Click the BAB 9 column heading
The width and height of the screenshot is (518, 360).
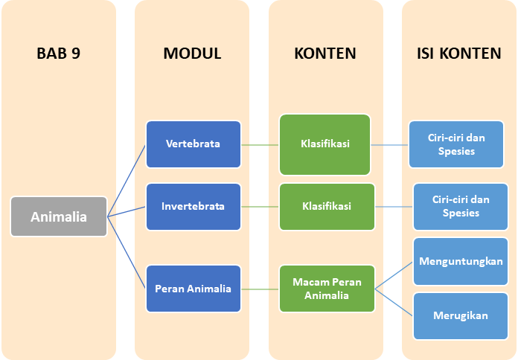point(58,54)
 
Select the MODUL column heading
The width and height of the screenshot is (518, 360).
point(192,54)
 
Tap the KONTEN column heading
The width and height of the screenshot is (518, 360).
point(325,54)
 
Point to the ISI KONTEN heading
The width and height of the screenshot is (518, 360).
point(458,54)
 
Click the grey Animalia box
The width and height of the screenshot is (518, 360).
point(59,217)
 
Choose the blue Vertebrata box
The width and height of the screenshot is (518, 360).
point(194,144)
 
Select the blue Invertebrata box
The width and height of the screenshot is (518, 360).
point(194,206)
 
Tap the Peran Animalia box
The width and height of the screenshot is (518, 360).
point(194,289)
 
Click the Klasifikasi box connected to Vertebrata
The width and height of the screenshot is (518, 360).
point(325,144)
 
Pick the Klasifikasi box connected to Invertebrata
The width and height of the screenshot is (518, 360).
point(325,206)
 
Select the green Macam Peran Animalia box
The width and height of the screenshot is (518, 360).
point(325,289)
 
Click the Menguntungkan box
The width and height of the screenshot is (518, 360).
point(460,261)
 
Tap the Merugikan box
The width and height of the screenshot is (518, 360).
point(460,315)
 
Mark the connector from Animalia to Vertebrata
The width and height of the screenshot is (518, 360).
point(127,181)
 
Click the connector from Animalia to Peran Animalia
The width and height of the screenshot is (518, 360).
point(127,252)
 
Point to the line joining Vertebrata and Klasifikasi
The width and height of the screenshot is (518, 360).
point(260,144)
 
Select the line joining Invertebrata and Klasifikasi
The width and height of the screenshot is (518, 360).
point(260,206)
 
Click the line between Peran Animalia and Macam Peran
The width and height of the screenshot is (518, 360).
point(260,289)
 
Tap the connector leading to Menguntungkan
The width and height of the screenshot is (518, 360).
point(394,275)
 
